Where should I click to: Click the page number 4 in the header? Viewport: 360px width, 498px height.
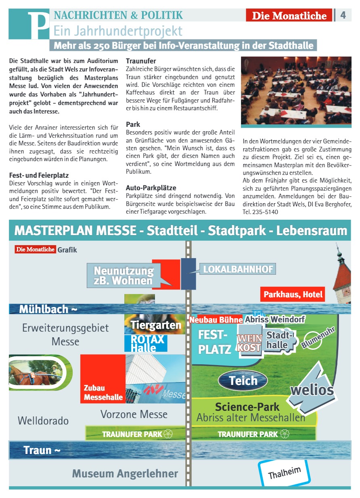(x=343, y=15)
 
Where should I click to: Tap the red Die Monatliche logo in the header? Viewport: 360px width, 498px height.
(x=289, y=15)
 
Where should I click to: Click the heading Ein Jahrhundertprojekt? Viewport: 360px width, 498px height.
(x=118, y=31)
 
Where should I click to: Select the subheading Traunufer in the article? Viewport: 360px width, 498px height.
(x=141, y=61)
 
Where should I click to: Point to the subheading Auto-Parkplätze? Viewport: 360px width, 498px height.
(x=151, y=188)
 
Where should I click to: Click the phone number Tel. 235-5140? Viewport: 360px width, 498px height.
(x=261, y=212)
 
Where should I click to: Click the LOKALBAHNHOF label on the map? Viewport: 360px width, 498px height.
(x=238, y=269)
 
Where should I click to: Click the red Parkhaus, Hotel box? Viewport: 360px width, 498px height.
(x=293, y=294)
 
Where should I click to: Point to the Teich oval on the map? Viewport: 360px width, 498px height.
(x=243, y=380)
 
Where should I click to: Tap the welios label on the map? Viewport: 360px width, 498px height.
(x=312, y=390)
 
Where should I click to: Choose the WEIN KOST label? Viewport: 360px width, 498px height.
(x=249, y=343)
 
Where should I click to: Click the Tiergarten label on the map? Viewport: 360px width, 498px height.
(x=155, y=324)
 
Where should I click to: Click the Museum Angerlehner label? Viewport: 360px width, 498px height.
(x=125, y=473)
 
